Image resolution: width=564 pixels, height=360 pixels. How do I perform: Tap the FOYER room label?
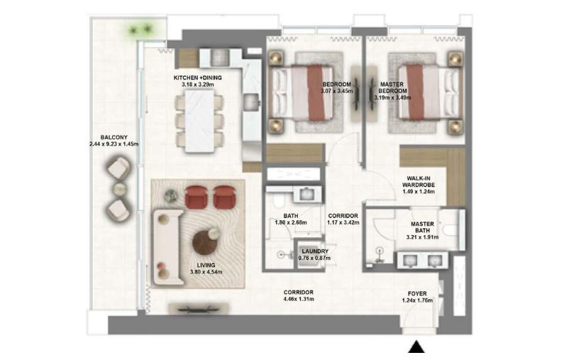(x=417, y=292)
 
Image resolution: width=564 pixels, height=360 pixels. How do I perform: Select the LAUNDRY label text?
(x=314, y=251)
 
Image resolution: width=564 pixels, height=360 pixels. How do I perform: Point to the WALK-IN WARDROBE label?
(x=416, y=182)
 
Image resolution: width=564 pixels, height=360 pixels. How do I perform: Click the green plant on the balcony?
(x=139, y=29)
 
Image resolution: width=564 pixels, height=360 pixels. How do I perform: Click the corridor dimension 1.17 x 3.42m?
(x=343, y=223)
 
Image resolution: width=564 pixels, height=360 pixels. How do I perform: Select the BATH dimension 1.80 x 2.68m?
(x=289, y=223)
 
